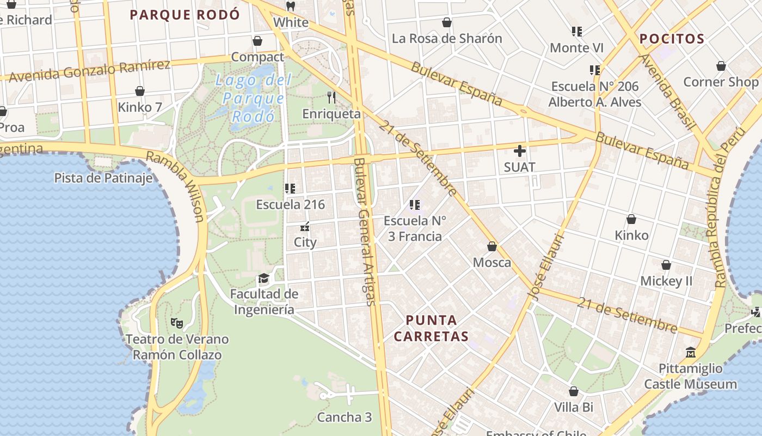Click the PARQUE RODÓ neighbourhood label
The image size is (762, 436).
tap(185, 15)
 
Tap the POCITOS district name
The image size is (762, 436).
tap(672, 39)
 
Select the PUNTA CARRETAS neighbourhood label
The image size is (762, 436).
tap(431, 328)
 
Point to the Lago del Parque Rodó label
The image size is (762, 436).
tap(253, 98)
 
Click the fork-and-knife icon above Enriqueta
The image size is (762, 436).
tap(331, 98)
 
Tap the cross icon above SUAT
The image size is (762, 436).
tap(520, 151)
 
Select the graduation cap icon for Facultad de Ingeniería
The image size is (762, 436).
tap(264, 278)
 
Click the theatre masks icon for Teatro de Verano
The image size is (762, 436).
tap(177, 323)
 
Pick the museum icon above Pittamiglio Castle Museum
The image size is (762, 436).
tap(691, 353)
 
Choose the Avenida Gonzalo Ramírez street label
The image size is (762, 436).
tap(90, 70)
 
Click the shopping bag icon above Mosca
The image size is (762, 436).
tap(492, 246)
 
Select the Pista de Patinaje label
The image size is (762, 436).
tap(103, 178)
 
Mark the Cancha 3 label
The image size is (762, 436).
tap(345, 417)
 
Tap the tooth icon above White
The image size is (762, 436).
tap(291, 7)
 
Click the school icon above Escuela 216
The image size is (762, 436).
tap(290, 189)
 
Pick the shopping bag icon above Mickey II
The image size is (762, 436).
tap(666, 265)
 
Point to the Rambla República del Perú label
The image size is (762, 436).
tap(724, 207)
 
